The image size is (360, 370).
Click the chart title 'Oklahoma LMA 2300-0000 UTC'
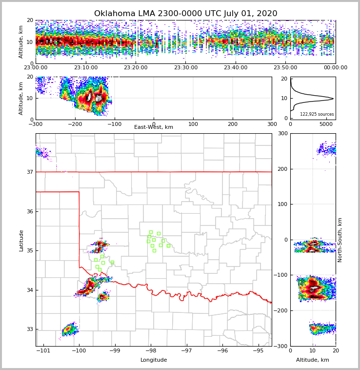click(185, 14)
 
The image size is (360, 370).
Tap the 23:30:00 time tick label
click(185, 68)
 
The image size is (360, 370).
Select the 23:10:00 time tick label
click(86, 68)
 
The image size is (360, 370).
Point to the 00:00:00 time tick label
click(335, 68)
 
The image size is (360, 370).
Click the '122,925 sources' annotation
click(317, 114)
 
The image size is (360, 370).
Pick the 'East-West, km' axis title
click(154, 127)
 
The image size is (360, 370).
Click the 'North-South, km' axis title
click(340, 240)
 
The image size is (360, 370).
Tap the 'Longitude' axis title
click(154, 360)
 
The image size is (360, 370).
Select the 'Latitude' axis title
click(21, 240)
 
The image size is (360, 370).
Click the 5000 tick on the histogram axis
click(326, 124)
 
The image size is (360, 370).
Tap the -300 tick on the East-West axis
click(36, 124)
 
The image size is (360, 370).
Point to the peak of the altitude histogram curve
click(333, 99)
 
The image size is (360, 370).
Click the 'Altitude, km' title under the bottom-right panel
click(312, 360)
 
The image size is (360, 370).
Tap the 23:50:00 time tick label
click(285, 68)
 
